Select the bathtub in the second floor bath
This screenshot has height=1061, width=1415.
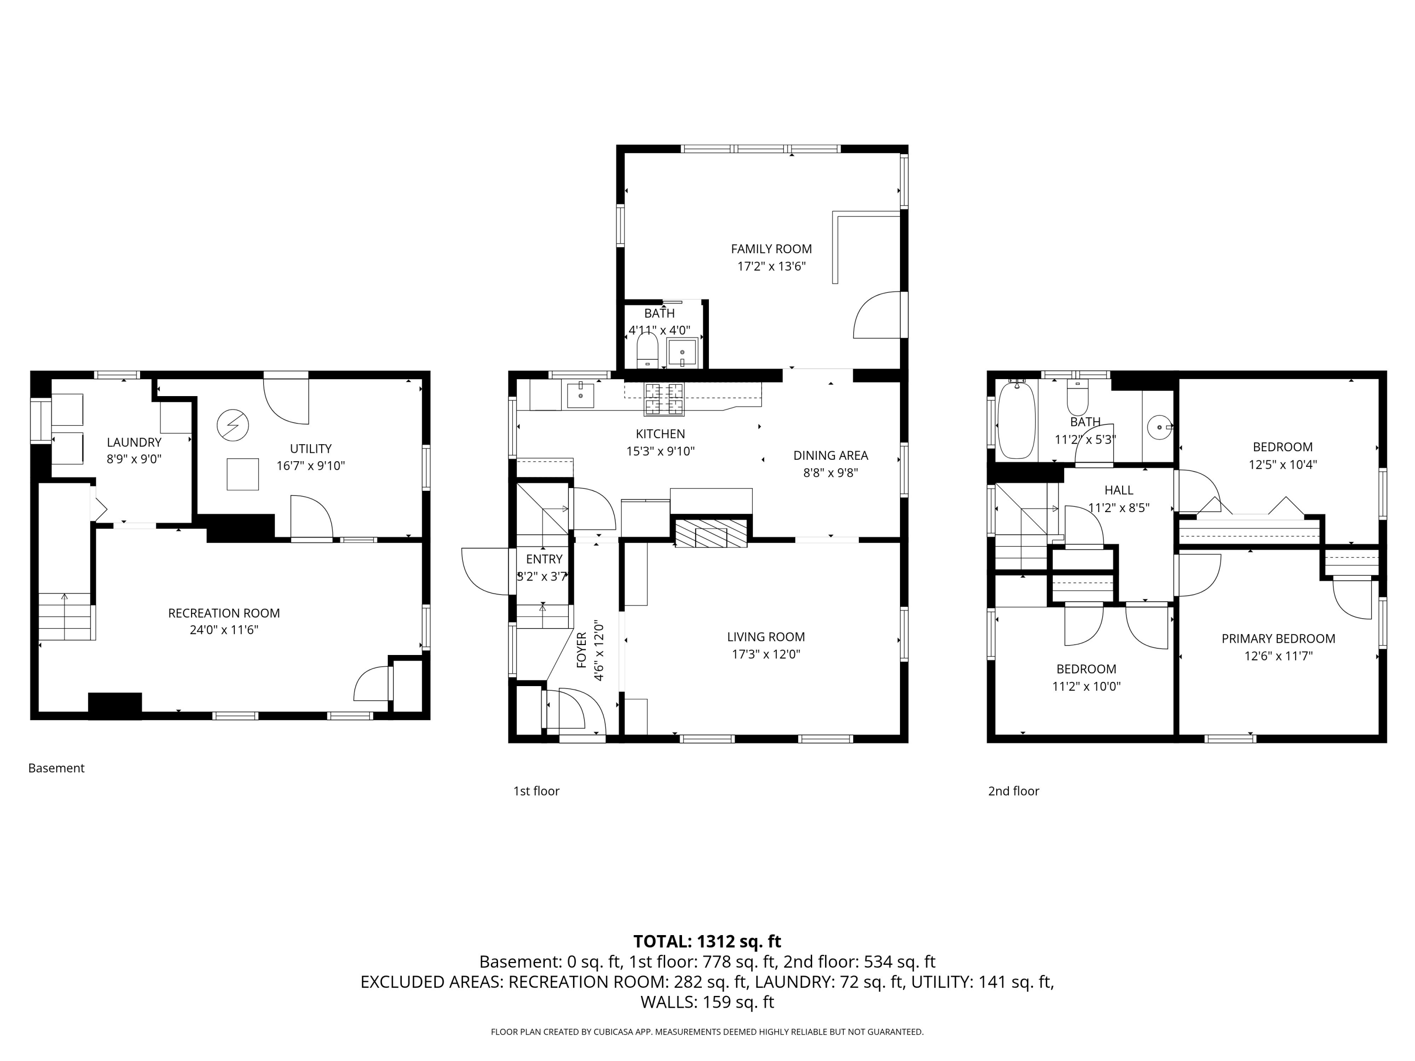(x=1016, y=420)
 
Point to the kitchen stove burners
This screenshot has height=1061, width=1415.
(x=663, y=399)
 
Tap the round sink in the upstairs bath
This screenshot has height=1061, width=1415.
(x=1159, y=427)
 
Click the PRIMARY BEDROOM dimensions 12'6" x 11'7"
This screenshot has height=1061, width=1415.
(x=1278, y=655)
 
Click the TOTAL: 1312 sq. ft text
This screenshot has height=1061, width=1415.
(x=707, y=941)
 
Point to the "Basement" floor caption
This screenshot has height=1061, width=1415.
(x=56, y=768)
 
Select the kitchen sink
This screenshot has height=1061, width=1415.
(x=580, y=395)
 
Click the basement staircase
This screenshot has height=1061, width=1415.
(x=67, y=616)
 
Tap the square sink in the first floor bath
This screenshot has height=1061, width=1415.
(x=682, y=352)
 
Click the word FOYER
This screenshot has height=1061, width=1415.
(x=582, y=650)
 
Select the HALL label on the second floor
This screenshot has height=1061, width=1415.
(x=1119, y=490)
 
